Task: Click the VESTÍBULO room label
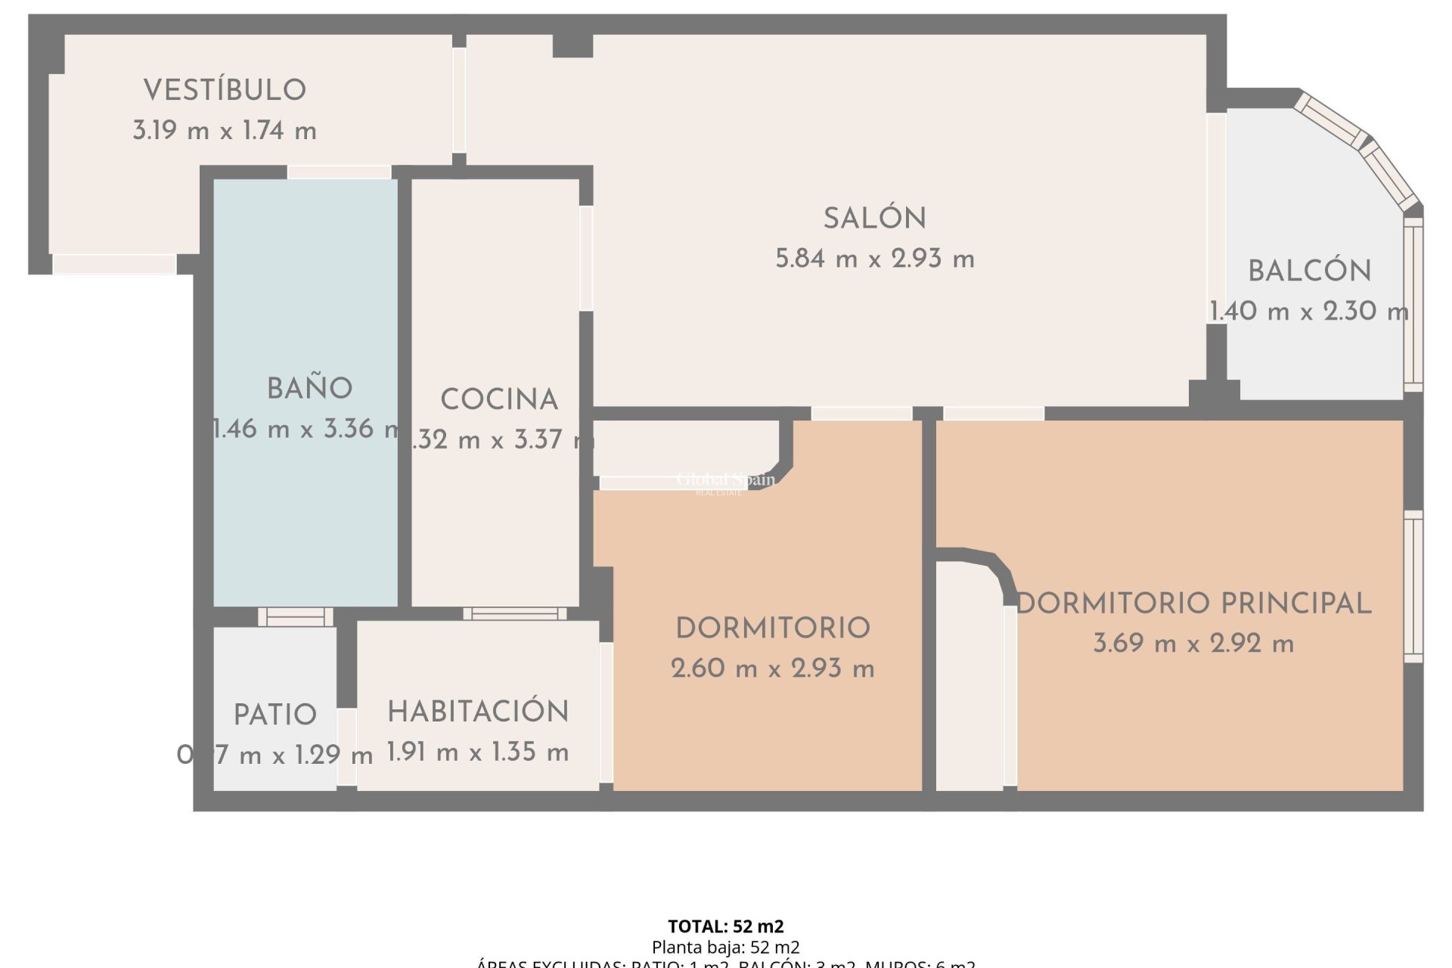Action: click(x=225, y=90)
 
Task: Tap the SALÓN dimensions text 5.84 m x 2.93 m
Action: click(x=875, y=259)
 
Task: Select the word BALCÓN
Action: click(x=1309, y=271)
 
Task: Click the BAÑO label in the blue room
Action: click(x=309, y=389)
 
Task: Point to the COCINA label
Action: click(x=499, y=399)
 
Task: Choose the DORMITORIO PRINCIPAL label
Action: click(x=1193, y=603)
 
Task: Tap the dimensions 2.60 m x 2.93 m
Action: click(x=772, y=669)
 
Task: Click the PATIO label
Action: click(x=275, y=715)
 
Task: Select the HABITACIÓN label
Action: click(x=478, y=712)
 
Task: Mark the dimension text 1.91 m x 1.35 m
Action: click(x=478, y=752)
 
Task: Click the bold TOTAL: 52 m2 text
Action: click(x=725, y=926)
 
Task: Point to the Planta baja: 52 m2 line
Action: click(x=725, y=947)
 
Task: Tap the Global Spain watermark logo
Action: click(x=724, y=481)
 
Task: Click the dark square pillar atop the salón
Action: click(x=572, y=45)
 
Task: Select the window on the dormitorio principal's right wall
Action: click(x=1413, y=586)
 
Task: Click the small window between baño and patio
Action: click(x=296, y=617)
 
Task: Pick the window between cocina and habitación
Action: click(x=514, y=613)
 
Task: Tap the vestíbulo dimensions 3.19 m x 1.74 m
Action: click(x=225, y=130)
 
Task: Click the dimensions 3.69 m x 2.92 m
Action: click(x=1193, y=644)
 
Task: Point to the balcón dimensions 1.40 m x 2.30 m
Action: click(x=1308, y=311)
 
